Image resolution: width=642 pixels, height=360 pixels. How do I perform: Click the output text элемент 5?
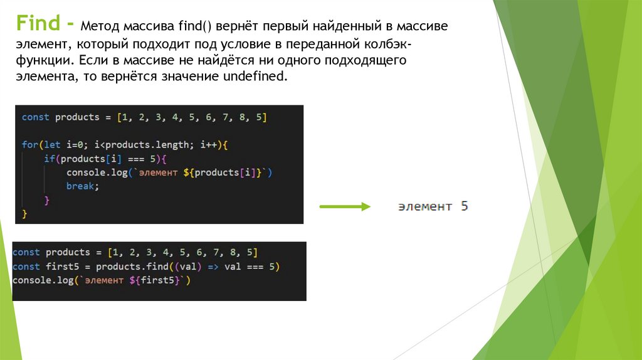point(433,206)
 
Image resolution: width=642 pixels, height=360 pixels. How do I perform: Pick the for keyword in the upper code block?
point(30,145)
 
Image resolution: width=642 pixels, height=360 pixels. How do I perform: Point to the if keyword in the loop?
point(49,159)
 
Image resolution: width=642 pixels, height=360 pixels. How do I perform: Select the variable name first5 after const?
point(60,267)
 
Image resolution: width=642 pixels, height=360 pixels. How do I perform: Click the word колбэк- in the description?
point(386,45)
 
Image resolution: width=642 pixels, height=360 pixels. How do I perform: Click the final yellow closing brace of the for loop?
point(25,214)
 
